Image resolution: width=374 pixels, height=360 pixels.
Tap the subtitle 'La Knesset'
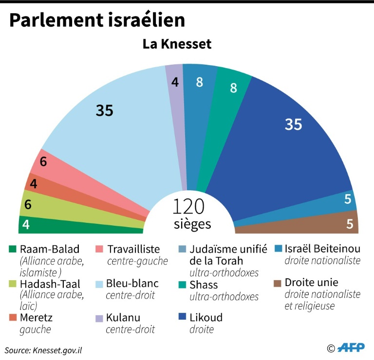[177, 44]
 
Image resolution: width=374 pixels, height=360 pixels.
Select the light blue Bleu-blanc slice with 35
[117, 126]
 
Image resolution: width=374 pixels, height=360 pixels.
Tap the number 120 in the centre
[189, 206]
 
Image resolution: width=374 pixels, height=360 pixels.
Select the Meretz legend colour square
[14, 318]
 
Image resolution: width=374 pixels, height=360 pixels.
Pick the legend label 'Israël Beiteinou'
[323, 249]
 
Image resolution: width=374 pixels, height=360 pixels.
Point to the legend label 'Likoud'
[206, 318]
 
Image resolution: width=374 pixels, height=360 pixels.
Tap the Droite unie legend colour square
[279, 283]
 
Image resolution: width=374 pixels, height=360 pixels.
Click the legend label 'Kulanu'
[124, 318]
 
